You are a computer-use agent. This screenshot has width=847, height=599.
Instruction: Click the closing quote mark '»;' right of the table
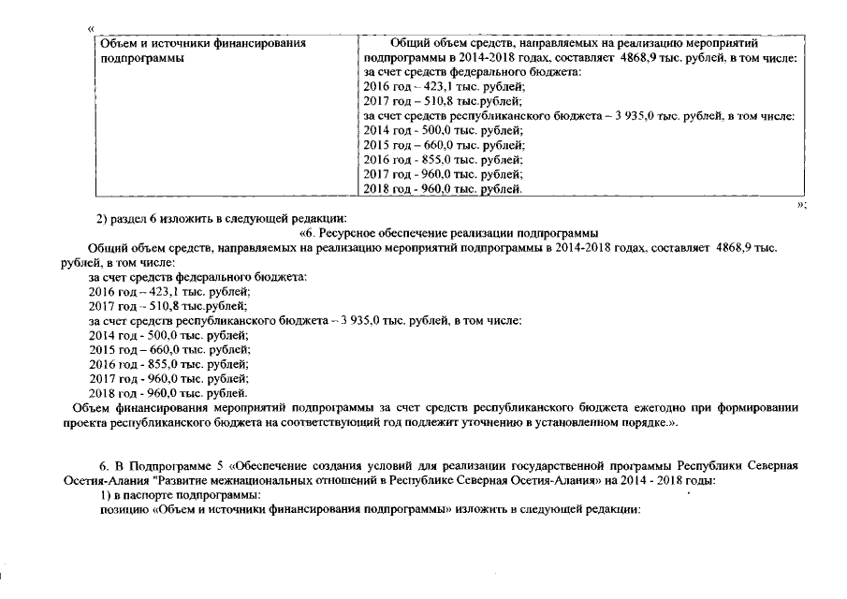(801, 204)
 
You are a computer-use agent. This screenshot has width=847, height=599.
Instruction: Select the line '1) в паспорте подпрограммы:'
(180, 495)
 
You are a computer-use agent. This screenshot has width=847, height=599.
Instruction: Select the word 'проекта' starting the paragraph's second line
(84, 423)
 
